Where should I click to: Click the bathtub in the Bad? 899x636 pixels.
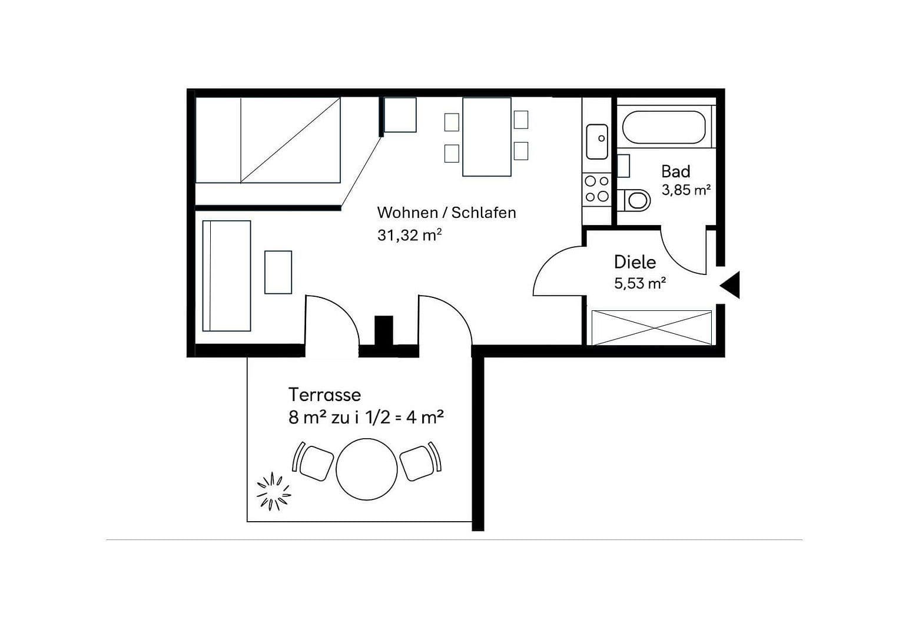tap(664, 127)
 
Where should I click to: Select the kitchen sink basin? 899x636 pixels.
tap(597, 141)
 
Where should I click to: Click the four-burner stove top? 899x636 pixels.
tap(596, 189)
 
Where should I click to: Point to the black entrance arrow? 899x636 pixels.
tap(731, 286)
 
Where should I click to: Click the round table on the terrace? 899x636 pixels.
tap(366, 469)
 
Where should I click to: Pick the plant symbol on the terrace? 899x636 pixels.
tap(274, 491)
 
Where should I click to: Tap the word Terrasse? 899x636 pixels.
tap(324, 395)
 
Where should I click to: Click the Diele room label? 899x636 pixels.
tap(635, 262)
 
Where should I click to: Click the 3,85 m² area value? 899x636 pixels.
tap(686, 190)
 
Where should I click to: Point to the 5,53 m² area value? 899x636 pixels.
tap(639, 284)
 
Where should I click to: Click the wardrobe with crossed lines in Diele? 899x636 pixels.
tap(651, 327)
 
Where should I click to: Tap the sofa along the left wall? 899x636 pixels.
tap(227, 276)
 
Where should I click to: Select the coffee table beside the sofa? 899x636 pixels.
tap(278, 272)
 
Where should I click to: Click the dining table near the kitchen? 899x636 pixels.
tap(486, 137)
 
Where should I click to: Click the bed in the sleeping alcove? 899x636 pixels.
tap(268, 140)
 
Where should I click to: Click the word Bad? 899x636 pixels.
tap(675, 172)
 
